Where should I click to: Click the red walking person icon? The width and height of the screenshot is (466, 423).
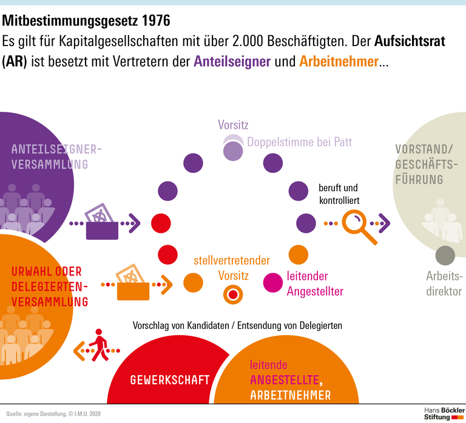click(98, 345)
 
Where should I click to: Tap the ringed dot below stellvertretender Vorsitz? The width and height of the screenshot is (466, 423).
click(232, 295)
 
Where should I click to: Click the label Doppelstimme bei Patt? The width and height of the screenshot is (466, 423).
click(299, 142)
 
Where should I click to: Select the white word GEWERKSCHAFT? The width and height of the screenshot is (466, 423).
click(170, 381)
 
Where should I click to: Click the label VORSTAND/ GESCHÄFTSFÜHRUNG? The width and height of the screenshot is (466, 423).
click(424, 164)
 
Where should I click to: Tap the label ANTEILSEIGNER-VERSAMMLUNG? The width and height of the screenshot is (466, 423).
click(56, 157)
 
